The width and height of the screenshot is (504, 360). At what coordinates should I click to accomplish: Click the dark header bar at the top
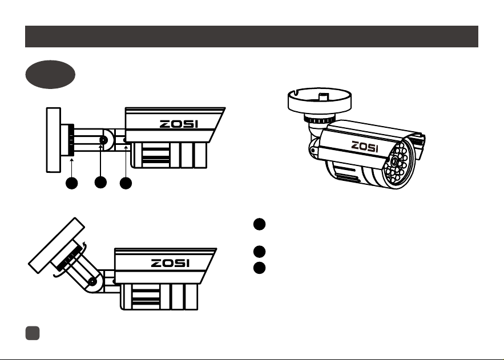(252, 37)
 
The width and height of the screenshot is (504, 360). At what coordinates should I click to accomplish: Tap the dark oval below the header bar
(50, 74)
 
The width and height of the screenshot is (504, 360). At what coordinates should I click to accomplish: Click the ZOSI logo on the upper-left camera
(179, 124)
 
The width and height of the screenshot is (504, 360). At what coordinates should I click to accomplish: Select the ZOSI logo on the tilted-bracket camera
(170, 264)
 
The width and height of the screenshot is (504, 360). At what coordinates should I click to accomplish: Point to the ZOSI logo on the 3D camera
(365, 147)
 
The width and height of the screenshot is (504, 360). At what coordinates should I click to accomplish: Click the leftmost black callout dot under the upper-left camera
(71, 183)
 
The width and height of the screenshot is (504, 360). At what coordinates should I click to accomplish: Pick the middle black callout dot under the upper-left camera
(100, 183)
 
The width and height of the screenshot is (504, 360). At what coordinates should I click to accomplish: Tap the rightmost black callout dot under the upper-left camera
(126, 183)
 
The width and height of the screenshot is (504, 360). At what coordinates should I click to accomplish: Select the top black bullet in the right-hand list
(259, 224)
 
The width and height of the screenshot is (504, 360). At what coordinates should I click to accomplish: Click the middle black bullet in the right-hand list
(259, 252)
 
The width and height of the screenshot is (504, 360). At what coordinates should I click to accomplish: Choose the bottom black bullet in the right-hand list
(259, 268)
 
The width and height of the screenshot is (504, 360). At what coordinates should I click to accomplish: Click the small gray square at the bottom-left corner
(33, 333)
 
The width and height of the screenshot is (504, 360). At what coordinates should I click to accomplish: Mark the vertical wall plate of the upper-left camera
(53, 140)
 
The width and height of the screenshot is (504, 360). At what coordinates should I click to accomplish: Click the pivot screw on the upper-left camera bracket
(103, 140)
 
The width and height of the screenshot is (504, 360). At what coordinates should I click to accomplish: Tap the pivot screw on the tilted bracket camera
(92, 282)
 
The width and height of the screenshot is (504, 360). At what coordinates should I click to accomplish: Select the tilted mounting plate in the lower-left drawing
(57, 245)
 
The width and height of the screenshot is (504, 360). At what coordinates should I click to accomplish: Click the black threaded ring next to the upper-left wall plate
(71, 140)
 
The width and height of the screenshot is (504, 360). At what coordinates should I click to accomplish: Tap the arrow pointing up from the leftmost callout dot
(71, 167)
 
